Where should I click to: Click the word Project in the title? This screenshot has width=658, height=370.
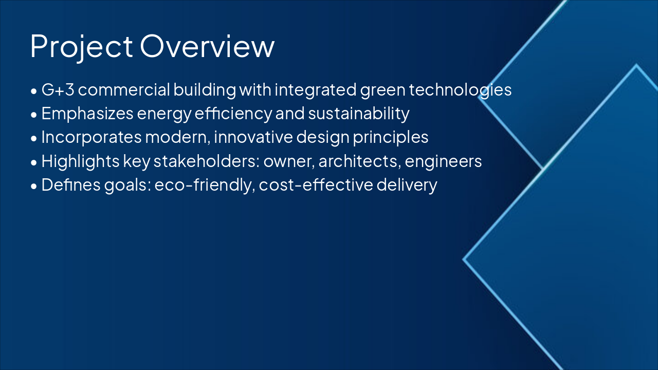pos(81,47)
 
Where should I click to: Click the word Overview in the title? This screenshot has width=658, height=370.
pos(207,46)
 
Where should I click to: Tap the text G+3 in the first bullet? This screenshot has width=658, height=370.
pos(58,89)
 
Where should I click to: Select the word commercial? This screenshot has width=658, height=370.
pos(124,89)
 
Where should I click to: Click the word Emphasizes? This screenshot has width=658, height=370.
pos(87,114)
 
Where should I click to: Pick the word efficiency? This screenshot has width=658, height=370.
pos(233,114)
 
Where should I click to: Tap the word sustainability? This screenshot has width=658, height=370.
pos(359,114)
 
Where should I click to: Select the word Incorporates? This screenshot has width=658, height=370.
pos(92,137)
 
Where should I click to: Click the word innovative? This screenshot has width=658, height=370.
pos(253,137)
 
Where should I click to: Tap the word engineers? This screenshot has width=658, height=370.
pos(443,162)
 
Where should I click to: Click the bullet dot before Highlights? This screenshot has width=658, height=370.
pos(34,162)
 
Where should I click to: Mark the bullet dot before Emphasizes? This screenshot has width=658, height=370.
pos(34,115)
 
